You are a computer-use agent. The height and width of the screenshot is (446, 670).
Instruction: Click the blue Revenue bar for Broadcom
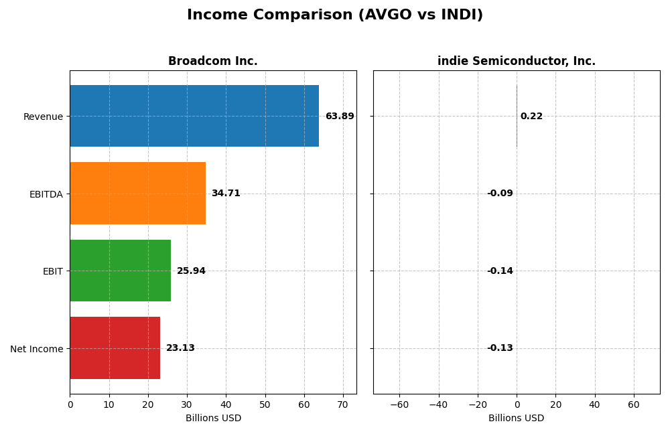[x=194, y=116]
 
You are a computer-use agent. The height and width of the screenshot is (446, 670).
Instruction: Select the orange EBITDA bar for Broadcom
[x=137, y=194]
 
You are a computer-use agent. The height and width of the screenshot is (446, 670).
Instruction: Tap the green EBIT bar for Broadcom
[x=121, y=271]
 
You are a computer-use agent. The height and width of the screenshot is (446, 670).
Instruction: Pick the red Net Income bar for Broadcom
[x=115, y=348]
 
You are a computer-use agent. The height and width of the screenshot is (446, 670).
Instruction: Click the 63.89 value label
[x=340, y=117]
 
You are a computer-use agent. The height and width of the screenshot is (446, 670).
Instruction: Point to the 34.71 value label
[x=226, y=194]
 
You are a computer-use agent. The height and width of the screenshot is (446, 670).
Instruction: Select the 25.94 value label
[x=191, y=271]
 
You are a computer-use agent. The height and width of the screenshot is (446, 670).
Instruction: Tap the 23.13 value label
[x=180, y=348]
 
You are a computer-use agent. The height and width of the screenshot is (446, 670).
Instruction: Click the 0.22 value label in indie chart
[x=531, y=117]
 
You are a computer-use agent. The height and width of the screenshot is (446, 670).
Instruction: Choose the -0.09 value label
[x=500, y=194]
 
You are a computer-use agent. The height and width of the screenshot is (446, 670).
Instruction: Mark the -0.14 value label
[x=500, y=271]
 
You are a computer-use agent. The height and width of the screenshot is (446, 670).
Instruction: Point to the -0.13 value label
[x=500, y=348]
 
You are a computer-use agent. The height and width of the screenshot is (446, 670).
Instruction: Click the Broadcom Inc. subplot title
[x=213, y=62]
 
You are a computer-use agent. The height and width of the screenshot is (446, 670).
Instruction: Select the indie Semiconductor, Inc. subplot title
[x=517, y=62]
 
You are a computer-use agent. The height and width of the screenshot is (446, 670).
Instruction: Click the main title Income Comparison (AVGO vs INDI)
[x=335, y=15]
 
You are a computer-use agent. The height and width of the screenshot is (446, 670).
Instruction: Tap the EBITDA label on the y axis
[x=46, y=194]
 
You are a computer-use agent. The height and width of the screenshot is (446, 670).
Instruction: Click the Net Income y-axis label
[x=37, y=349]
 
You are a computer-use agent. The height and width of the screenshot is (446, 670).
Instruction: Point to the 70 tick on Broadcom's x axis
[x=343, y=404]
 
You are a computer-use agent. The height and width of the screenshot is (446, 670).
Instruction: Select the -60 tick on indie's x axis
[x=399, y=404]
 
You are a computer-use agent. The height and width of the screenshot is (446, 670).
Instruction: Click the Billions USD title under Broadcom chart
[x=213, y=419]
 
